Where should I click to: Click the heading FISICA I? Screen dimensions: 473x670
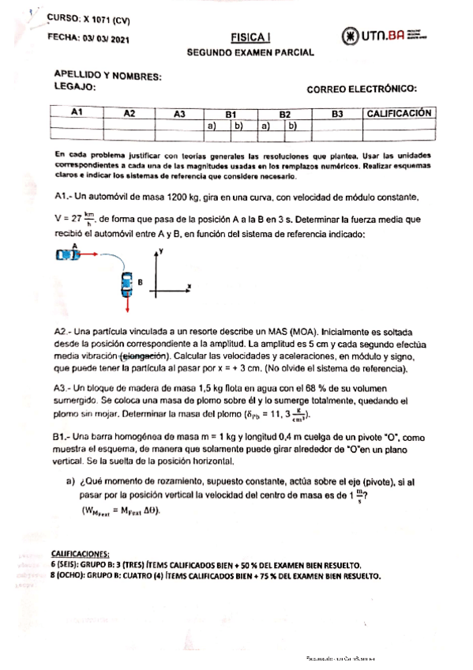(x=249, y=37)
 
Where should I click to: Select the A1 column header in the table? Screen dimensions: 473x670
(x=77, y=113)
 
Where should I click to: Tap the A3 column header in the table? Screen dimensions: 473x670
(x=180, y=114)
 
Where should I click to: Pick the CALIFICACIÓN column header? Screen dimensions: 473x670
(x=399, y=113)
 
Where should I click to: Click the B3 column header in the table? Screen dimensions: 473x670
(x=337, y=114)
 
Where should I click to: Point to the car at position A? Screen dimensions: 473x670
(x=69, y=254)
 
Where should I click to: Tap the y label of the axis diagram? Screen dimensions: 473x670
(x=160, y=250)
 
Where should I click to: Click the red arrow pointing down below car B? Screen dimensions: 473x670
(x=126, y=303)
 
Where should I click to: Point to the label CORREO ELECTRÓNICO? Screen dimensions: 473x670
(x=362, y=90)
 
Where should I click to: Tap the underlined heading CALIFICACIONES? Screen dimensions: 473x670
(x=81, y=555)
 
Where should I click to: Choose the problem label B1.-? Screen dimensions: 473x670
(x=65, y=436)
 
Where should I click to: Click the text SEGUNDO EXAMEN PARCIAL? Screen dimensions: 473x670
(x=250, y=52)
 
